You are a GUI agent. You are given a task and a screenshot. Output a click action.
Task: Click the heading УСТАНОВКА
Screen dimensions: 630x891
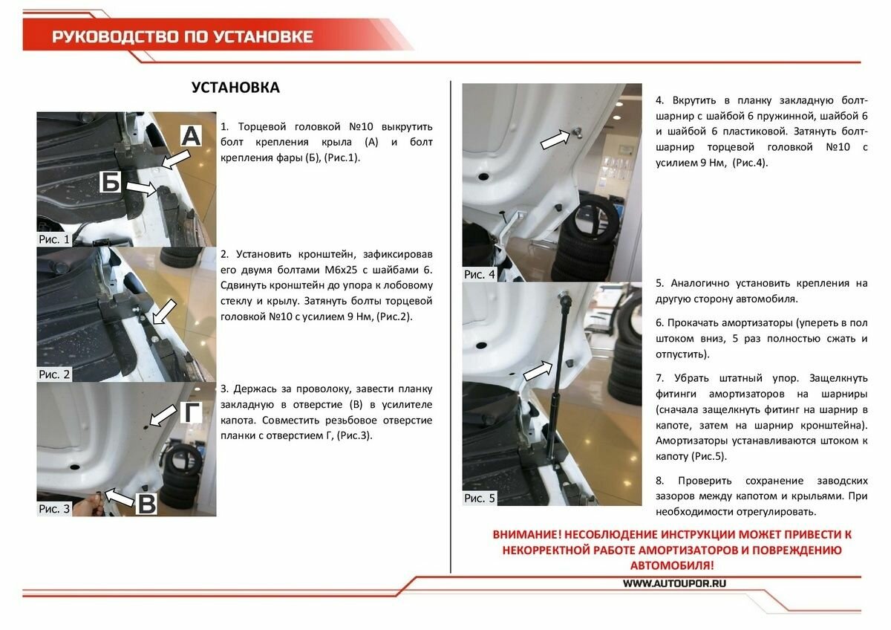tap(235, 88)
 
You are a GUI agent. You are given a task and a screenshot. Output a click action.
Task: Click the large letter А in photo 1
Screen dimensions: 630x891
tap(191, 137)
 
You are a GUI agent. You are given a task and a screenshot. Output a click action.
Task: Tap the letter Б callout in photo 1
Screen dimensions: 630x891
tap(111, 181)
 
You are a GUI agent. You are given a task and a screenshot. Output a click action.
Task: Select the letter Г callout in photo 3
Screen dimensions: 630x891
tap(192, 412)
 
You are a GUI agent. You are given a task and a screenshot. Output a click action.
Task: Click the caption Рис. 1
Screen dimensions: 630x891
tap(54, 239)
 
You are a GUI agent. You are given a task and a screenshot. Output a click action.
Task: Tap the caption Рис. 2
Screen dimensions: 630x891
tap(54, 374)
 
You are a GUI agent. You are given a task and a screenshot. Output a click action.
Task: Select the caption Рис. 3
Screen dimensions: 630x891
tap(54, 509)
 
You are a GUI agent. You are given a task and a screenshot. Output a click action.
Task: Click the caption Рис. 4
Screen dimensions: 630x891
tap(480, 274)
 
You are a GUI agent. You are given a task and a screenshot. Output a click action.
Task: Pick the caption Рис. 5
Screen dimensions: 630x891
tap(480, 498)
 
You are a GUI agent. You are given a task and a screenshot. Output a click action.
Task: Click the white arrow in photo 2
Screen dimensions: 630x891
tap(164, 311)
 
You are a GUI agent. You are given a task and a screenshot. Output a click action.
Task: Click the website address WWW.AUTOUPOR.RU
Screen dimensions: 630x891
tap(674, 583)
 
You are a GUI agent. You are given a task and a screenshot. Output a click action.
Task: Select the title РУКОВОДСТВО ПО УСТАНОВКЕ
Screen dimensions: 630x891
tap(183, 37)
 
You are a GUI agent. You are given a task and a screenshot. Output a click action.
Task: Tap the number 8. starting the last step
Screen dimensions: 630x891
tap(659, 480)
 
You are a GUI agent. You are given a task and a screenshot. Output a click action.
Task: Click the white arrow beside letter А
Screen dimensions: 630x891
tap(175, 158)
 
